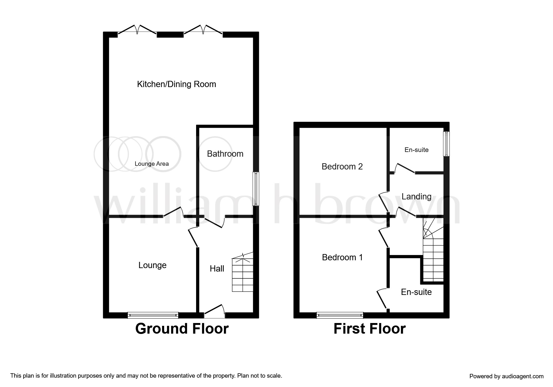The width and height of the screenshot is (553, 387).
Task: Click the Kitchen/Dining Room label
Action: pos(176,84)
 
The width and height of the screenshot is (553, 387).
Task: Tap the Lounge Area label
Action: pos(152,164)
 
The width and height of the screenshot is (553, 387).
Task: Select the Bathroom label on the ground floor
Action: pos(225,154)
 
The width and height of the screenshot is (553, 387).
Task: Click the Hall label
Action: pos(217,269)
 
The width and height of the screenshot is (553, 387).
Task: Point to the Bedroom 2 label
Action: pos(342,167)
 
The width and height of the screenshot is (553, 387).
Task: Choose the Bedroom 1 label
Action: pos(342,257)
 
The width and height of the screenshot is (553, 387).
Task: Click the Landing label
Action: pos(416,197)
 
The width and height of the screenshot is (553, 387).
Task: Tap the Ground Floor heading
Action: pos(182,329)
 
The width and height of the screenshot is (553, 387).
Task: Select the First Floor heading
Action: pos(369,329)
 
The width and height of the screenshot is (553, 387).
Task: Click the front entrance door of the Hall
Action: pos(214,312)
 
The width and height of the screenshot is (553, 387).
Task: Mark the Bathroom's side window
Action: pos(256,189)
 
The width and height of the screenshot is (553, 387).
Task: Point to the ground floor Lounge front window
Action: pos(153,315)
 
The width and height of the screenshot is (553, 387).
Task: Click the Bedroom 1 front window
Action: pos(340,315)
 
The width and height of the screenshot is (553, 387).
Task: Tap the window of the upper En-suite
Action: pos(447,144)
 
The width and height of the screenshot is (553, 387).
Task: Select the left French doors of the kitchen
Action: pos(137,30)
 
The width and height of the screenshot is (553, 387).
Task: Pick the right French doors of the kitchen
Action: pos(203,30)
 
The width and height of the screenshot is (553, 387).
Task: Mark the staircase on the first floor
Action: pos(433,253)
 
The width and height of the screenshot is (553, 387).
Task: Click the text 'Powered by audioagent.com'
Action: pos(506,376)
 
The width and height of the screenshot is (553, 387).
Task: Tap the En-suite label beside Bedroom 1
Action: pos(416,292)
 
